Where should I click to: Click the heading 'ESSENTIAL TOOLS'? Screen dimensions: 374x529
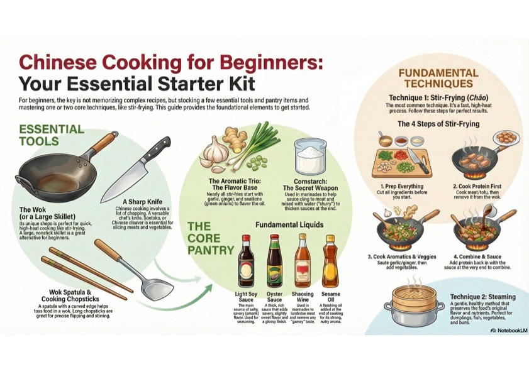coord(52,135)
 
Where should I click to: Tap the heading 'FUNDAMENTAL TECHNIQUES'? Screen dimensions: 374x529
coord(435,79)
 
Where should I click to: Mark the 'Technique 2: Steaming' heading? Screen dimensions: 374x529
coord(482,297)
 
